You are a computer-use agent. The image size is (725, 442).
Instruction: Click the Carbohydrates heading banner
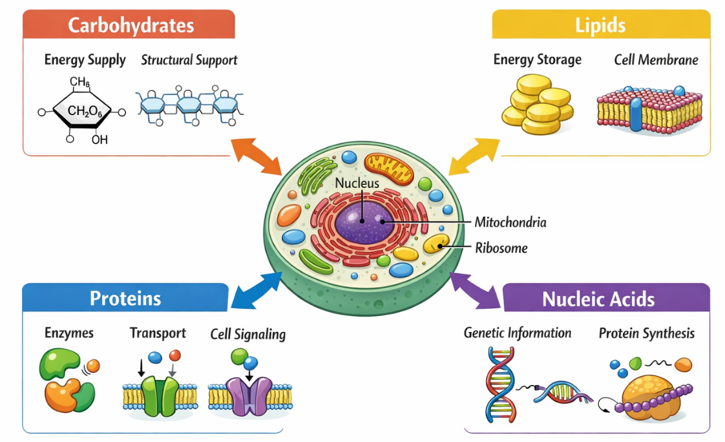coord(129,25)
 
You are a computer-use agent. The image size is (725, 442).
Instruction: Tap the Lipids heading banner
coord(600,25)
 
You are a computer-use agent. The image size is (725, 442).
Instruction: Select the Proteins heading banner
coord(125,298)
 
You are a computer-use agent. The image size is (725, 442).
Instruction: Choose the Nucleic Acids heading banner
coord(598,299)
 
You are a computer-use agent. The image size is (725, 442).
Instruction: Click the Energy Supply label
coord(85,60)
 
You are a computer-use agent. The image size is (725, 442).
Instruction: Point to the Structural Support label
coord(189,60)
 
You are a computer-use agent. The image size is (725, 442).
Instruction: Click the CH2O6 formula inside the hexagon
coord(85,112)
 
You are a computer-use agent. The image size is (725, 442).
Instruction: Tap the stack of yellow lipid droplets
coord(537,105)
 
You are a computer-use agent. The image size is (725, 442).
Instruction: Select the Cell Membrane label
coord(656,60)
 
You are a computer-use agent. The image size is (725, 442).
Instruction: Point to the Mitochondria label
coord(510,222)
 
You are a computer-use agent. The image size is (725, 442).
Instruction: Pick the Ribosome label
coord(501,247)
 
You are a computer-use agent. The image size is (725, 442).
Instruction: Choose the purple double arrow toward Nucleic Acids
coord(475,289)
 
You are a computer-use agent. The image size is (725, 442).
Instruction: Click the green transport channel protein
coord(160,395)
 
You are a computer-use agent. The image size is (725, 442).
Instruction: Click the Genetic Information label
coord(517,333)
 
